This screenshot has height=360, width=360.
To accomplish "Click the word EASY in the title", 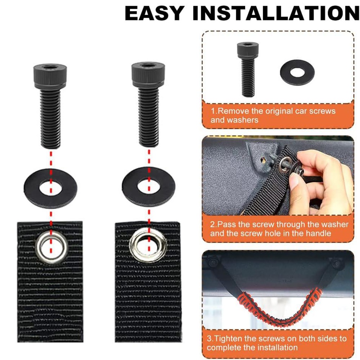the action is (154, 13).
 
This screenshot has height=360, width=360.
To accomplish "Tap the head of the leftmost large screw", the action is (50, 76).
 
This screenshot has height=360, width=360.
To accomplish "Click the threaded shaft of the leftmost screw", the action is (50, 118).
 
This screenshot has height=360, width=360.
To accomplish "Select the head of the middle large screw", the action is (148, 74).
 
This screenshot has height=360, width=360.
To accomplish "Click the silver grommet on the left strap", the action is (51, 247).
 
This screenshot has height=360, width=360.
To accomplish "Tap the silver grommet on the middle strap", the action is (145, 246).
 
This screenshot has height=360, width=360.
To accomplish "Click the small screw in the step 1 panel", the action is (248, 69).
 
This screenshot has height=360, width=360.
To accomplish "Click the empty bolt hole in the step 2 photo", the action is (264, 161).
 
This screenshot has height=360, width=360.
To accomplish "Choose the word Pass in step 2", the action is (226, 224).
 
